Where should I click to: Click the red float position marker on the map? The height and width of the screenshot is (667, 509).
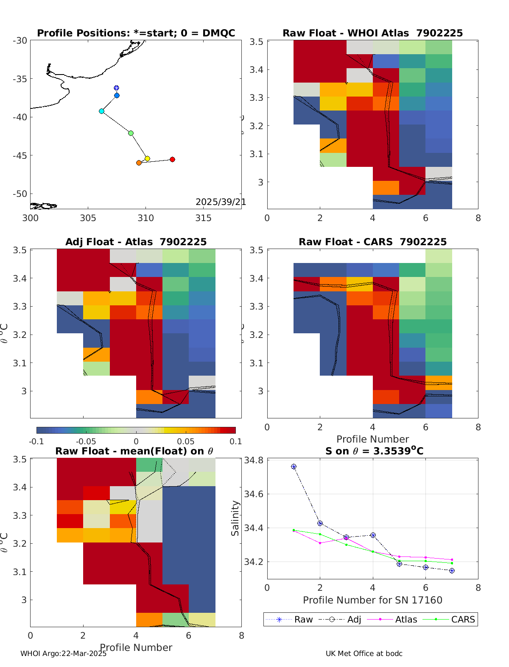click(172, 159)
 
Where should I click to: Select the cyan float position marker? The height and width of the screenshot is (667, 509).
click(101, 111)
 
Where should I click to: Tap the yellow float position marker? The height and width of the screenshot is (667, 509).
click(147, 158)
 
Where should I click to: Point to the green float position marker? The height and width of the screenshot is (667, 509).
click(131, 133)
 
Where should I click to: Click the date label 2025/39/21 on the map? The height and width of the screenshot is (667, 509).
click(221, 202)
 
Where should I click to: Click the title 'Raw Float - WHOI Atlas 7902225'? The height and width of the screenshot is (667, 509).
click(372, 33)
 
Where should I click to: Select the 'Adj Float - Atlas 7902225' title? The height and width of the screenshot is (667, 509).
click(136, 242)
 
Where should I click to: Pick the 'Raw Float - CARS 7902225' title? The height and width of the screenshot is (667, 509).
click(372, 242)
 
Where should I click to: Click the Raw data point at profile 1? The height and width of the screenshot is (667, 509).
click(294, 467)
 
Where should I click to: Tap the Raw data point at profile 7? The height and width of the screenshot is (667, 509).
click(452, 571)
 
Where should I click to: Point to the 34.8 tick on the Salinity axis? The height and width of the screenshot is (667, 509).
click(254, 460)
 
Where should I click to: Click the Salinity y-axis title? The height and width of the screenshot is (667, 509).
click(235, 518)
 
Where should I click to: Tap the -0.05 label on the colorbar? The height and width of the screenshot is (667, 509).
click(86, 441)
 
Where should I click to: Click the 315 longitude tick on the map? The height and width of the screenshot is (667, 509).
click(203, 218)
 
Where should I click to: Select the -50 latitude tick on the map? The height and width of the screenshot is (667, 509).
click(20, 194)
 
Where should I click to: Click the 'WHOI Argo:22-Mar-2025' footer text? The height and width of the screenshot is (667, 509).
click(63, 653)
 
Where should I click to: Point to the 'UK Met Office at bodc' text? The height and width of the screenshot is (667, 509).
click(364, 653)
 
